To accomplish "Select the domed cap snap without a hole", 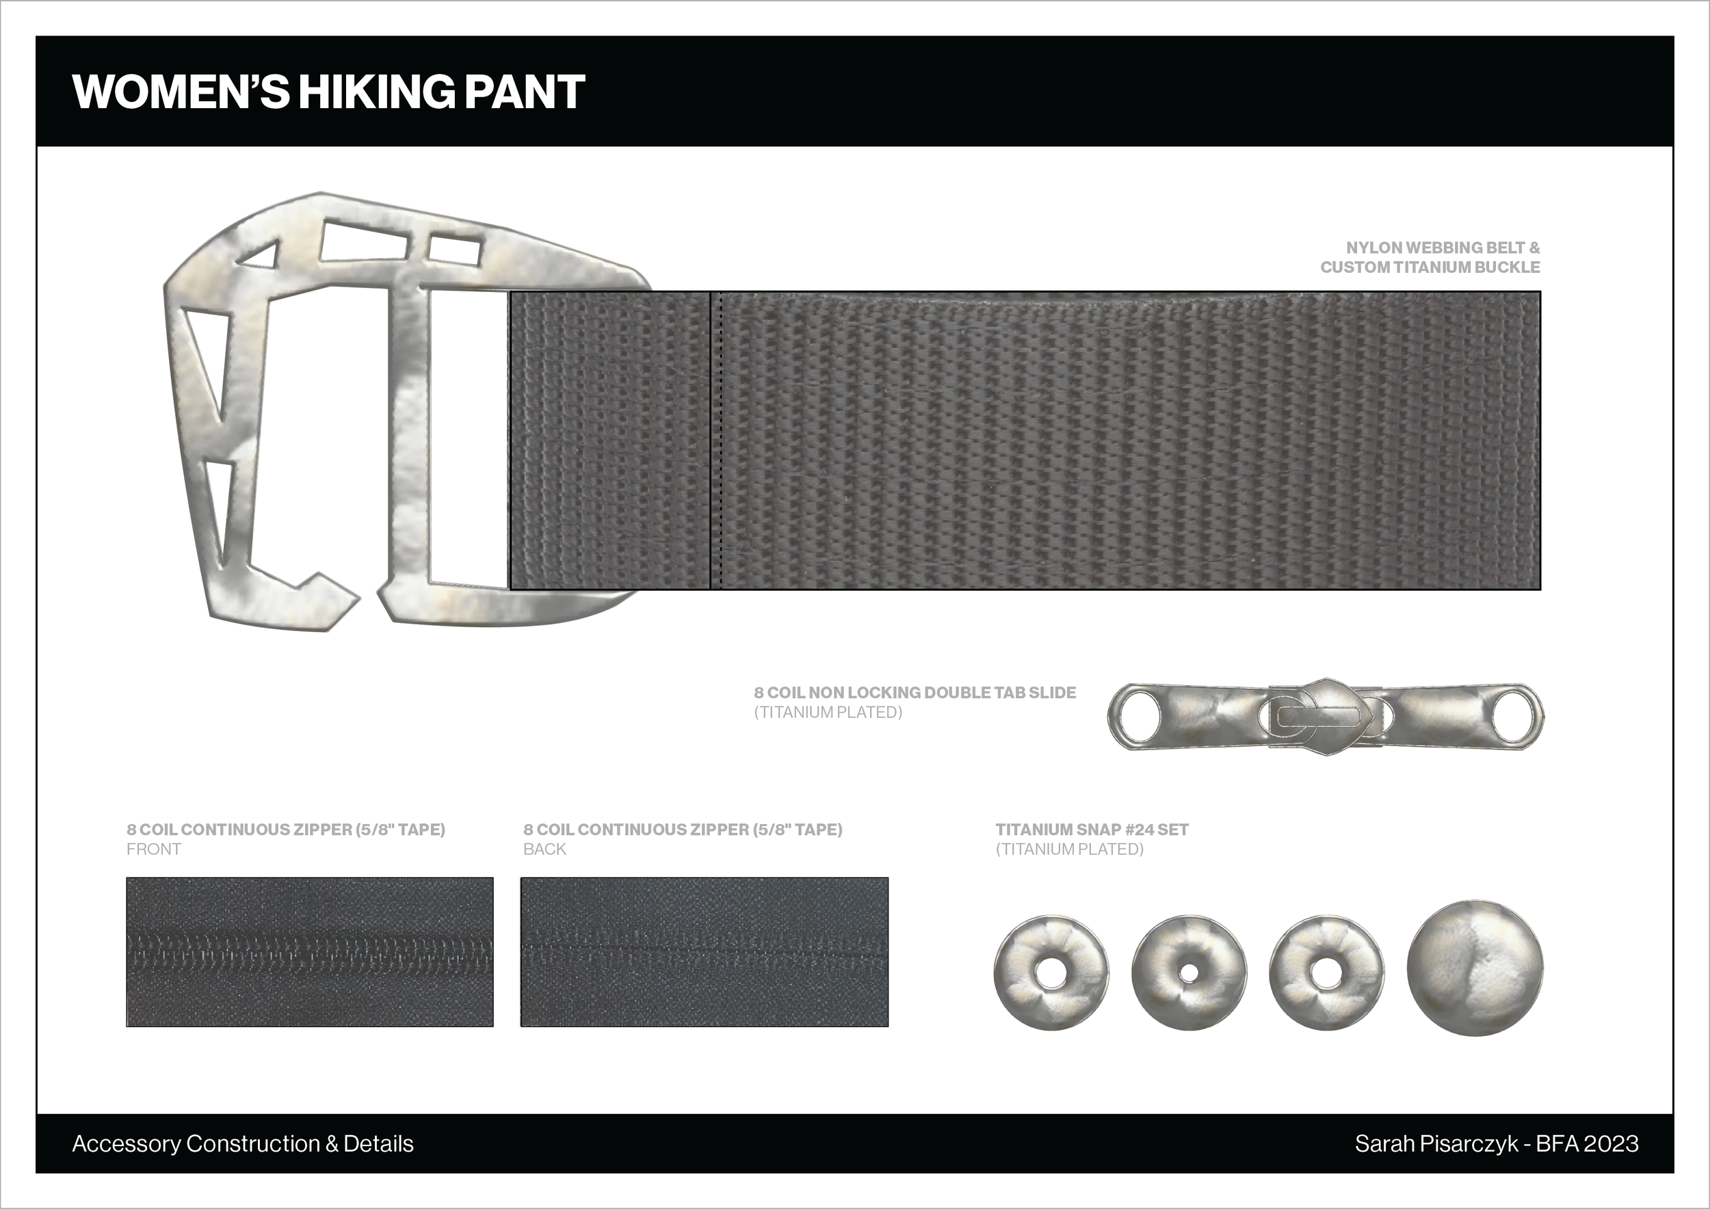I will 1475,968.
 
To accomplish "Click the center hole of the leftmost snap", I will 1051,974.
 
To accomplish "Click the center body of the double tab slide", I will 1325,716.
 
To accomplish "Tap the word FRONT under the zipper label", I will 153,849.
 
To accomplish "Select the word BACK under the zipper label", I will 544,849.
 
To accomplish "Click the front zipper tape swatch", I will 310,952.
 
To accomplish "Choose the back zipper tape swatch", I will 705,952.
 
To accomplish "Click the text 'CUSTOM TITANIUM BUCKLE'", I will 1430,267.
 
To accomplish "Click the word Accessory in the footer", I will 127,1144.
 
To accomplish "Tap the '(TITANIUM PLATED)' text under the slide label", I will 828,713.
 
